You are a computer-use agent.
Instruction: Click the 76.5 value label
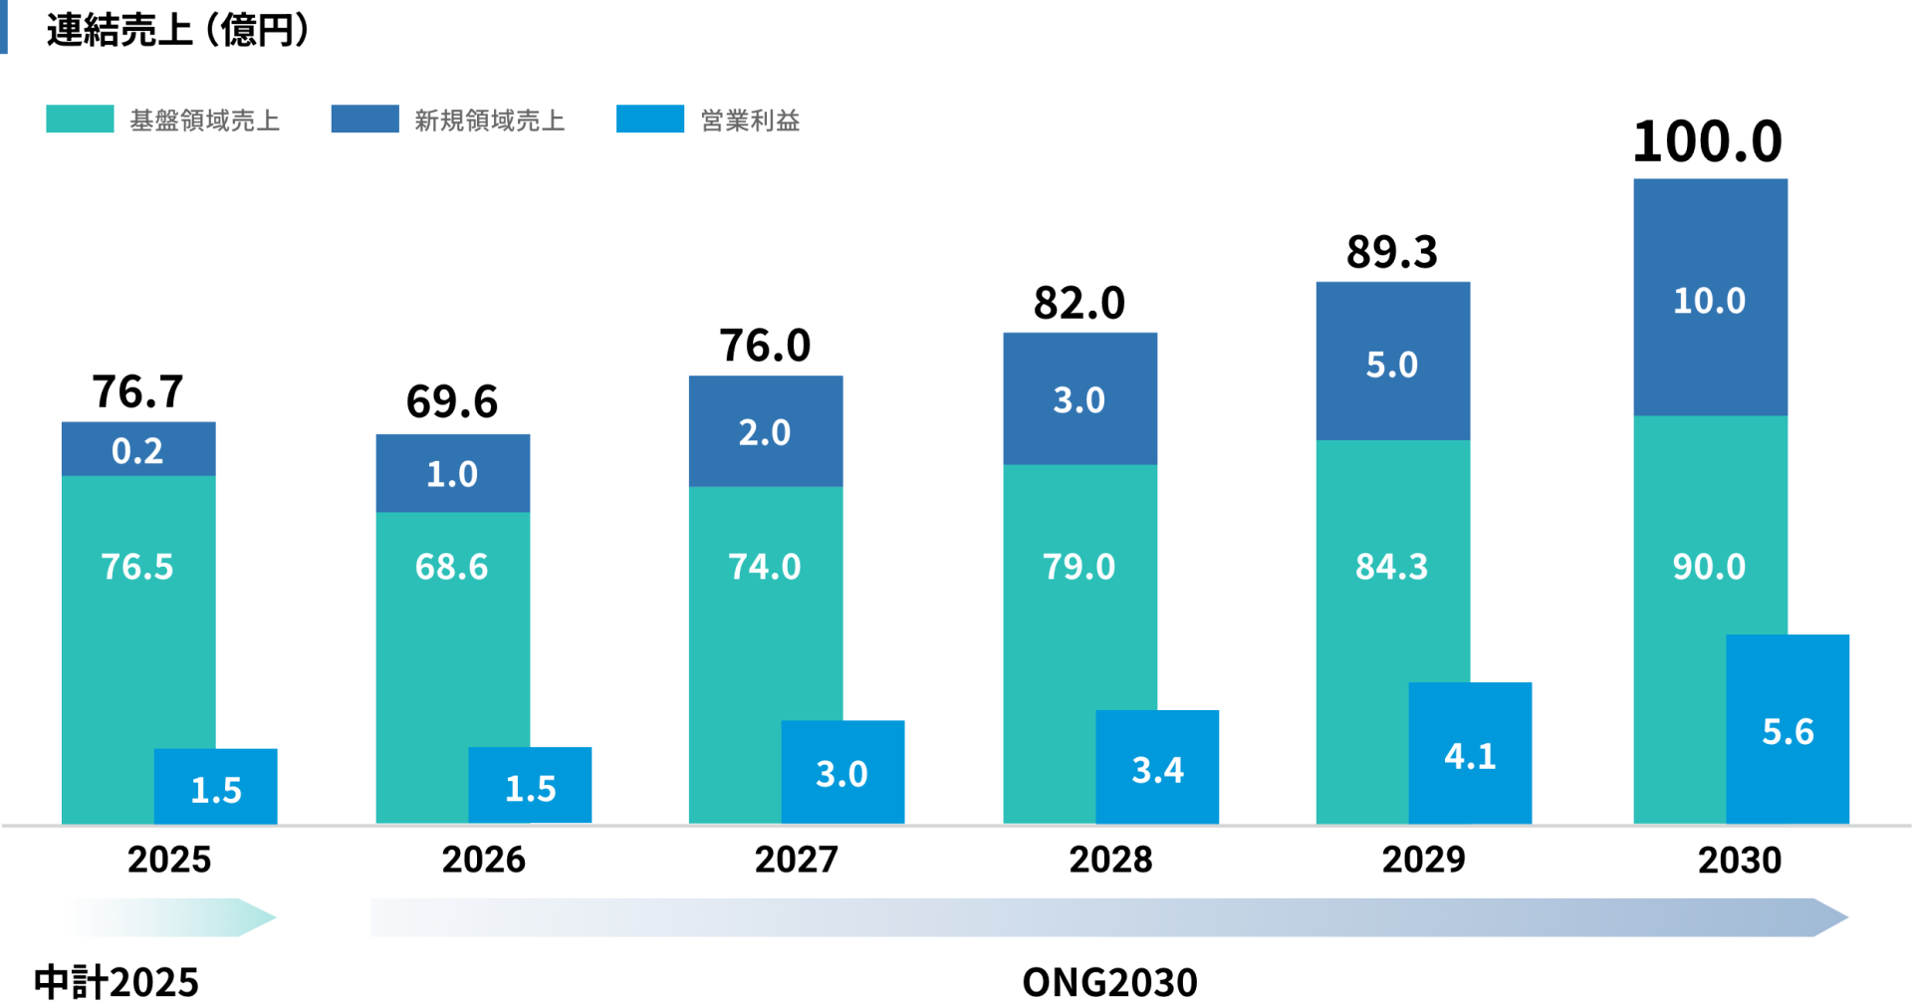tap(137, 567)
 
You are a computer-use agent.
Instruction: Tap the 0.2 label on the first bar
tap(137, 451)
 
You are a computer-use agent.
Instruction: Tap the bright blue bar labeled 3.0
tap(842, 772)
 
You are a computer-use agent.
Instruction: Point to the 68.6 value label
tap(452, 567)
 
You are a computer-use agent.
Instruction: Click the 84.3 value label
tap(1391, 567)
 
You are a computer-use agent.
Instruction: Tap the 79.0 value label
tap(1078, 567)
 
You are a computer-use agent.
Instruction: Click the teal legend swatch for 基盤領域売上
tap(80, 120)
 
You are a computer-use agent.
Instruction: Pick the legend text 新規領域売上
tap(490, 121)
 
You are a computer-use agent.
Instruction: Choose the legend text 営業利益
tap(750, 121)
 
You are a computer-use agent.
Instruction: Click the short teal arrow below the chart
tap(169, 917)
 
